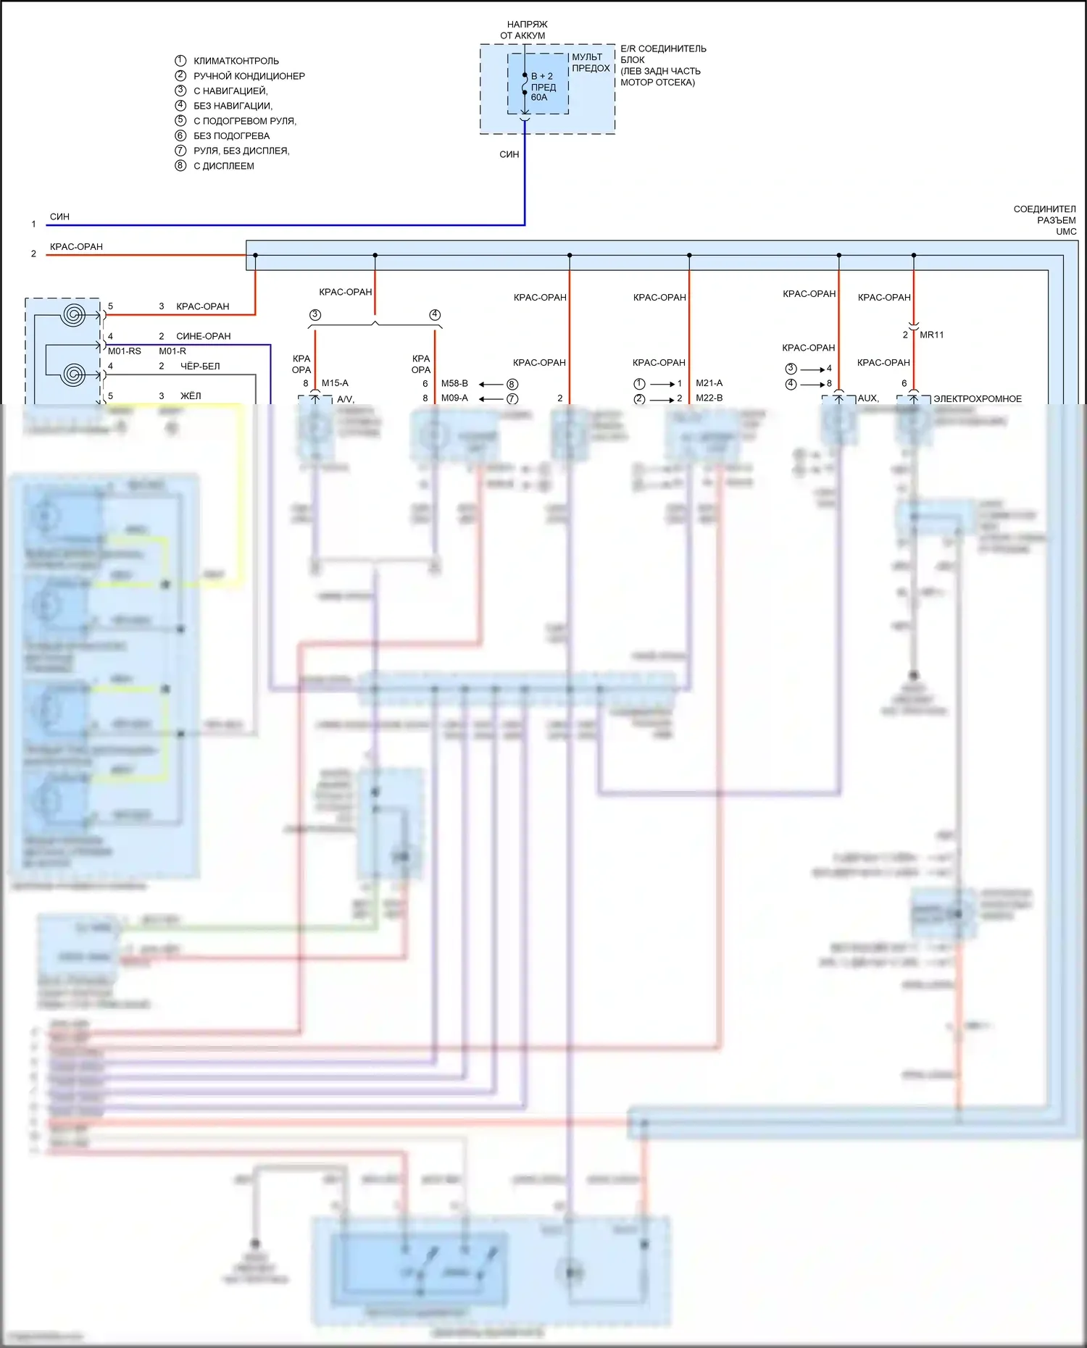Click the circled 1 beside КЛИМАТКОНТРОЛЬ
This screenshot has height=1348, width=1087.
(x=180, y=61)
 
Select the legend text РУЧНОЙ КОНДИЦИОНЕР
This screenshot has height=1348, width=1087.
(x=249, y=76)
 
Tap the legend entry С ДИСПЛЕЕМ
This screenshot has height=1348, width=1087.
(x=223, y=166)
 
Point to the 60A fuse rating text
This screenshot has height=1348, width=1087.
(x=539, y=98)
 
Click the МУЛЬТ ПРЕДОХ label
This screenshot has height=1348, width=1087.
(x=591, y=63)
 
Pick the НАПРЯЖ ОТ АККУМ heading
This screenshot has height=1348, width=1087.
(x=524, y=30)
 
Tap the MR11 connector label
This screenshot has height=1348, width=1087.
(x=931, y=335)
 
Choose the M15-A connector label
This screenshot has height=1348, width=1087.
(x=335, y=383)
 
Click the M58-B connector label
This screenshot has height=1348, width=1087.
(x=454, y=383)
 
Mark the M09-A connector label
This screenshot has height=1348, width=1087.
(x=454, y=398)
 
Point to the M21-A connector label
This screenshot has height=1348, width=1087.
(x=709, y=383)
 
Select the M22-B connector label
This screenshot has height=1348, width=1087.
(x=709, y=398)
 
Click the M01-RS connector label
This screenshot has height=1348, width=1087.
(x=125, y=351)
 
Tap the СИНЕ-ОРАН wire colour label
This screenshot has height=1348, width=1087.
(x=203, y=336)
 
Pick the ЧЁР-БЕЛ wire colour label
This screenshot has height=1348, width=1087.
(x=200, y=367)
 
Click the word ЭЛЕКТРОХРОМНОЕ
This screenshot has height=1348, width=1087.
(x=977, y=399)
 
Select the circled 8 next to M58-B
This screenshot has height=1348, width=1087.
(x=512, y=384)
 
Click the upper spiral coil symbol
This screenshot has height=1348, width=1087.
(x=74, y=314)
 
